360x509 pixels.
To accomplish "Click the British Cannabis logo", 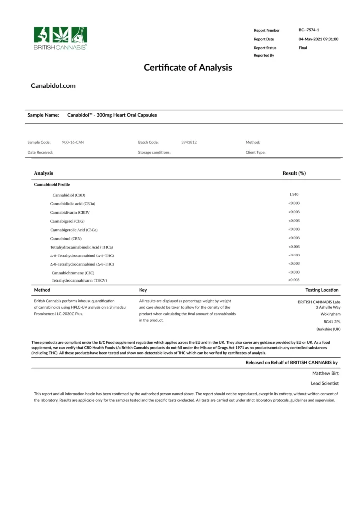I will [60, 38].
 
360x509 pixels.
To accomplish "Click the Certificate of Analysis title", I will [187, 67].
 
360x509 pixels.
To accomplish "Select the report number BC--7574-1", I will [309, 30].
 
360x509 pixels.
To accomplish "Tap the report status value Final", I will [303, 48].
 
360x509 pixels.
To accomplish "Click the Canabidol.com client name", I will [53, 85].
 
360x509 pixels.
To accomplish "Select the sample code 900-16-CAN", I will [73, 142].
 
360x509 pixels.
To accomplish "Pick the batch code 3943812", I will [189, 142].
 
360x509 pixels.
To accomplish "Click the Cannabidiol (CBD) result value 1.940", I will [293, 194].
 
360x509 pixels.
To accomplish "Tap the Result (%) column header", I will [294, 173].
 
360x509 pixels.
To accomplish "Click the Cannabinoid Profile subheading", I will [48, 184].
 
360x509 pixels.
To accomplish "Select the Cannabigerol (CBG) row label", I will [67, 221].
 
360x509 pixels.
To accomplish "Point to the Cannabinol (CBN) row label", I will [67, 238].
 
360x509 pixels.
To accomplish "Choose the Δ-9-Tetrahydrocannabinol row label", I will [82, 255].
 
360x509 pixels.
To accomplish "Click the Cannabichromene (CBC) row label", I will [73, 273].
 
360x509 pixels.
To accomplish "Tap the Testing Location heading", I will [322, 290].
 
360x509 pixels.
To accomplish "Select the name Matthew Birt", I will [325, 372].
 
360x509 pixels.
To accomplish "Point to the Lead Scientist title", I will [325, 383].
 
